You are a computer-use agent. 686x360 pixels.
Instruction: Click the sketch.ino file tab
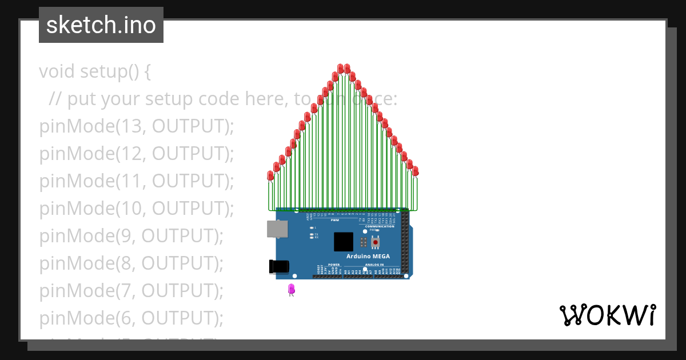click(101, 25)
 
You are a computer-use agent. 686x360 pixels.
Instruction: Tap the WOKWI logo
click(607, 315)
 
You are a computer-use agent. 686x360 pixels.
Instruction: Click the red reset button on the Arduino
click(375, 242)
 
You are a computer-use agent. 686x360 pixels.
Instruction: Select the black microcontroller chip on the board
click(344, 242)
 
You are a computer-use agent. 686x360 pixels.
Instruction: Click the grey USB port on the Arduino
click(278, 229)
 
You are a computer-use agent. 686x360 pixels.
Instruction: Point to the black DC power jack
click(279, 266)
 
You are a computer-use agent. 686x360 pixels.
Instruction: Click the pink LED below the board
click(292, 290)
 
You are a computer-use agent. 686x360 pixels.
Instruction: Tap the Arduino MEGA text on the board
click(368, 256)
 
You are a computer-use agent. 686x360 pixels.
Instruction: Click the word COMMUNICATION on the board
click(379, 226)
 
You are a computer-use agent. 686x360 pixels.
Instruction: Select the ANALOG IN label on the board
click(374, 265)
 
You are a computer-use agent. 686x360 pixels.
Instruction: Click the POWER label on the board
click(334, 265)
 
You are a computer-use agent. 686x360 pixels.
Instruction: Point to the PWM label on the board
click(335, 219)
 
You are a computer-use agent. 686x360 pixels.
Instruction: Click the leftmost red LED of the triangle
click(271, 175)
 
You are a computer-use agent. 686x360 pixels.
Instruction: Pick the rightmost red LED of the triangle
click(416, 171)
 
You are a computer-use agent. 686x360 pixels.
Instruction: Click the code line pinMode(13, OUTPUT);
click(137, 126)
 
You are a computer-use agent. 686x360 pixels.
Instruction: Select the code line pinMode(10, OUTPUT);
click(137, 209)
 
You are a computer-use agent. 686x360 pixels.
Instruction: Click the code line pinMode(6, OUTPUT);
click(131, 318)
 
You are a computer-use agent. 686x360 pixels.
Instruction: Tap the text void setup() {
click(95, 71)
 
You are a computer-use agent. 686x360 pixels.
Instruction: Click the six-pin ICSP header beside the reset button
click(364, 242)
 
